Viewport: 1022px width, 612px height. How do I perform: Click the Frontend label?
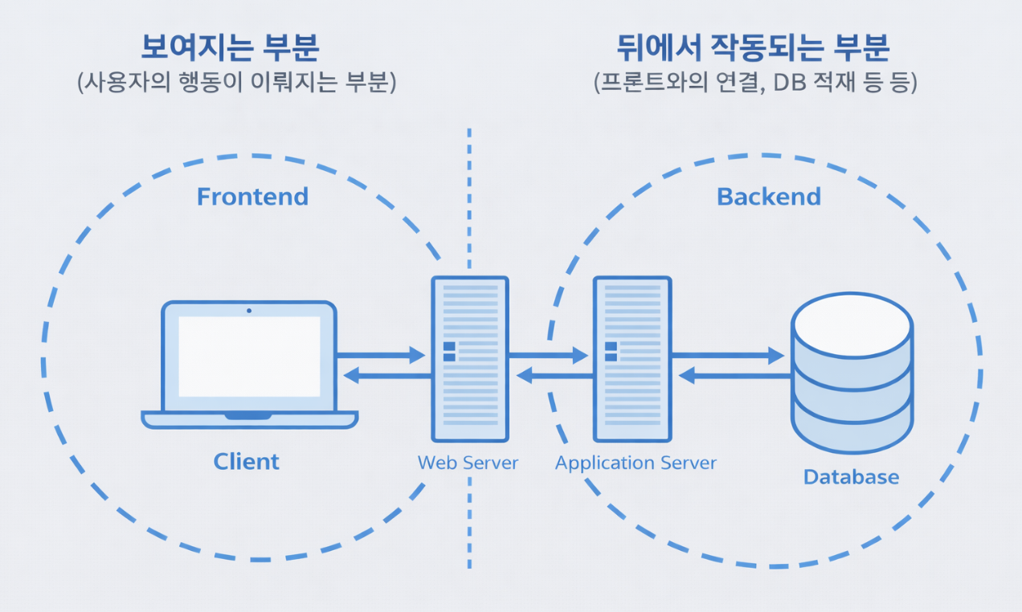252,197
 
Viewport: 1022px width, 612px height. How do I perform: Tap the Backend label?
769,197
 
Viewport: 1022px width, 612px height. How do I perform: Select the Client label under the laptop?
247,462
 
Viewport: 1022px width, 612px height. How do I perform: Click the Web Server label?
468,463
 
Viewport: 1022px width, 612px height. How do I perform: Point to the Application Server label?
636,463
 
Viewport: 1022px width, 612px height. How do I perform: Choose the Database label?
851,477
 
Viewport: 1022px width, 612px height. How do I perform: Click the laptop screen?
249,357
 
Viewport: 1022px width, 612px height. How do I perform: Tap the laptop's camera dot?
249,310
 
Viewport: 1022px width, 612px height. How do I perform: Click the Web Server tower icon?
470,359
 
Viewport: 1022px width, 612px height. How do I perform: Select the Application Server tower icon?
632,359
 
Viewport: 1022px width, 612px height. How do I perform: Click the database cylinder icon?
852,372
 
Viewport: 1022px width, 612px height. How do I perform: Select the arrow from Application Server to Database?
728,355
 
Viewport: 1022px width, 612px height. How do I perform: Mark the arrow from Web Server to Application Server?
548,355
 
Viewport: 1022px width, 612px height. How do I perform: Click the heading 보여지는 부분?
231,47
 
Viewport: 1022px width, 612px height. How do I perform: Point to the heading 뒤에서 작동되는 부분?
753,47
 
